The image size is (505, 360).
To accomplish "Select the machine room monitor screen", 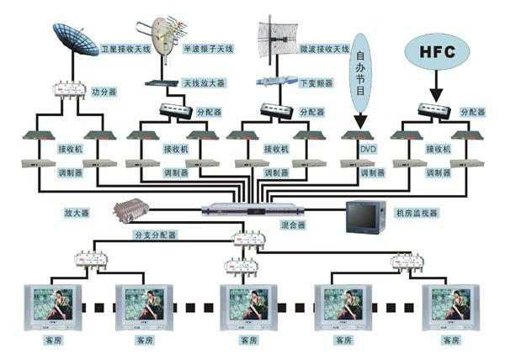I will coord(364,217).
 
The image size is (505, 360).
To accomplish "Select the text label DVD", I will coord(367,149).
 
